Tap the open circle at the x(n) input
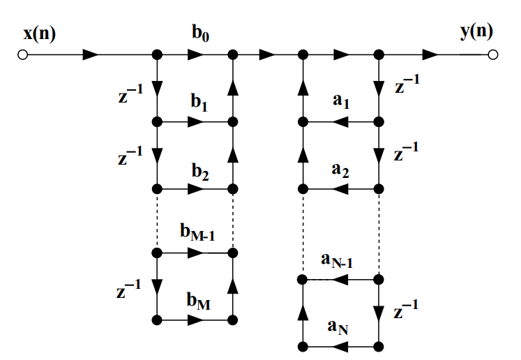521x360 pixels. [23, 54]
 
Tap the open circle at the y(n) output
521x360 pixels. [493, 54]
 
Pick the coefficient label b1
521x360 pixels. [199, 103]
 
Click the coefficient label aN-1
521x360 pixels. [338, 261]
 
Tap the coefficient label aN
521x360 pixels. [340, 328]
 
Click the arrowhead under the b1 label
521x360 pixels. [197, 121]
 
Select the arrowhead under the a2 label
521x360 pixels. [340, 189]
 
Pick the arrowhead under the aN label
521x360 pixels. [340, 347]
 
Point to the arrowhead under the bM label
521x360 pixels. [197, 320]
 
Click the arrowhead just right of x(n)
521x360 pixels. [91, 54]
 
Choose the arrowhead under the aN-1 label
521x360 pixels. [340, 280]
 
